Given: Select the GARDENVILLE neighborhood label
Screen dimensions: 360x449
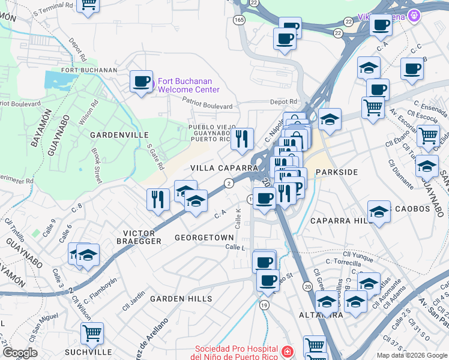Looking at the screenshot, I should click(x=119, y=136).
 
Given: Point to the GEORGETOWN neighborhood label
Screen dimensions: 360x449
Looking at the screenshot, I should click(x=204, y=238).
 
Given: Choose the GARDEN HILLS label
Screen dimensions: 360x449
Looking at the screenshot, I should click(x=181, y=299).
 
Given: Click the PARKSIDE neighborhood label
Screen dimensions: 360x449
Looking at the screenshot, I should click(x=336, y=172).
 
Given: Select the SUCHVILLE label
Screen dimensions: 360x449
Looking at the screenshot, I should click(x=86, y=351).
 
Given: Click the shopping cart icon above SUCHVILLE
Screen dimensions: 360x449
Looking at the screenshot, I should click(x=92, y=332).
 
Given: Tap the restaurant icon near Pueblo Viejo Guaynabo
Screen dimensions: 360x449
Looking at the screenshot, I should click(x=242, y=139).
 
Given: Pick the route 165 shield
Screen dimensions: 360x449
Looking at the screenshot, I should click(x=240, y=20).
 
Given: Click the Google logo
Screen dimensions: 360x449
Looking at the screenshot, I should click(x=20, y=353).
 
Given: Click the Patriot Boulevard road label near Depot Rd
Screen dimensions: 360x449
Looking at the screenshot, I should click(x=208, y=105).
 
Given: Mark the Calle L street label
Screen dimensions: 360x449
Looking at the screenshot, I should click(x=236, y=248).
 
